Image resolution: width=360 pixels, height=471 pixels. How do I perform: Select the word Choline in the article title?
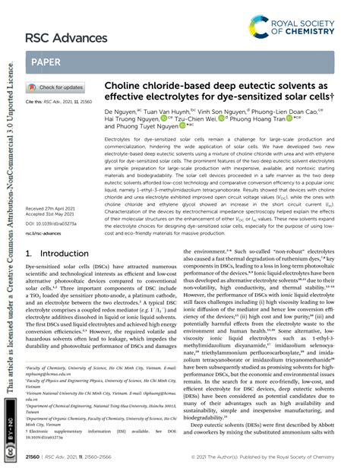point(125,87)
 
